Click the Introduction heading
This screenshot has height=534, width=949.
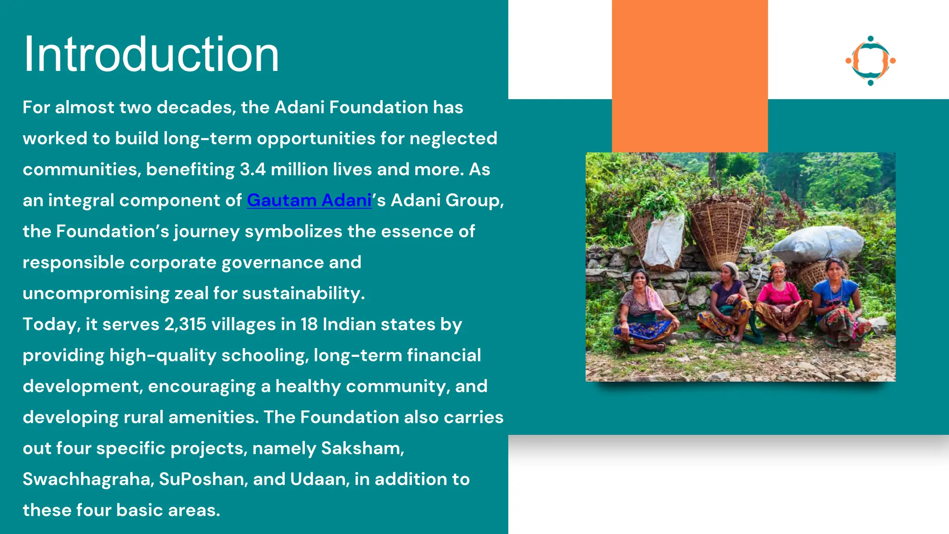pyautogui.click(x=151, y=55)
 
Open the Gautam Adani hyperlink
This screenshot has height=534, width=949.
pyautogui.click(x=309, y=200)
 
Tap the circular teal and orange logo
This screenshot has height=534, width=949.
pyautogui.click(x=870, y=61)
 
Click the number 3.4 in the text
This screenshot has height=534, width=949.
pyautogui.click(x=253, y=169)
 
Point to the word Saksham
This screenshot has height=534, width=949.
pyautogui.click(x=362, y=448)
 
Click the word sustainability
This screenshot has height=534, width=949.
pyautogui.click(x=303, y=293)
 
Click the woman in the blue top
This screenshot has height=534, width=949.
pyautogui.click(x=836, y=301)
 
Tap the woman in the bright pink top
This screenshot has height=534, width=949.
pyautogui.click(x=781, y=301)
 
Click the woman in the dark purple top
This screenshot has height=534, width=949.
pyautogui.click(x=728, y=301)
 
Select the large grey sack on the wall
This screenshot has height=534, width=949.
pyautogui.click(x=818, y=243)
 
